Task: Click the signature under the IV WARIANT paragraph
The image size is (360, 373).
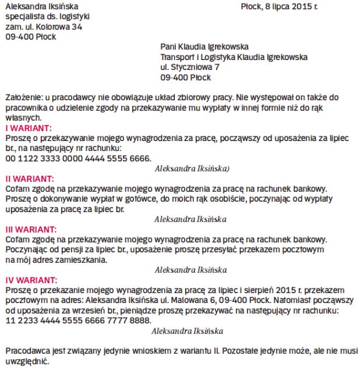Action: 187,330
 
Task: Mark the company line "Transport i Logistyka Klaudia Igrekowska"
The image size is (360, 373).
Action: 234,57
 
